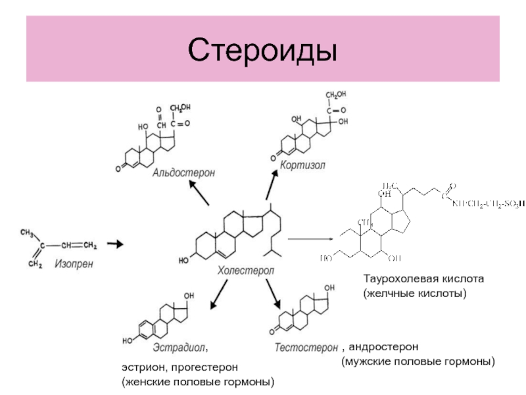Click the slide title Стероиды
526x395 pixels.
[262, 50]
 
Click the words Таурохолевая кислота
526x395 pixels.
[424, 279]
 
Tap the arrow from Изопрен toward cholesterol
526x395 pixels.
[115, 245]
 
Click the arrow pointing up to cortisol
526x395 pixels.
[271, 184]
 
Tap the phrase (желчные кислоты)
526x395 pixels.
[415, 292]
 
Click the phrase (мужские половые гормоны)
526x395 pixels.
[418, 362]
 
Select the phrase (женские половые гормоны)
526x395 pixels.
[197, 382]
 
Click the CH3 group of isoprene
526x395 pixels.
[28, 232]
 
